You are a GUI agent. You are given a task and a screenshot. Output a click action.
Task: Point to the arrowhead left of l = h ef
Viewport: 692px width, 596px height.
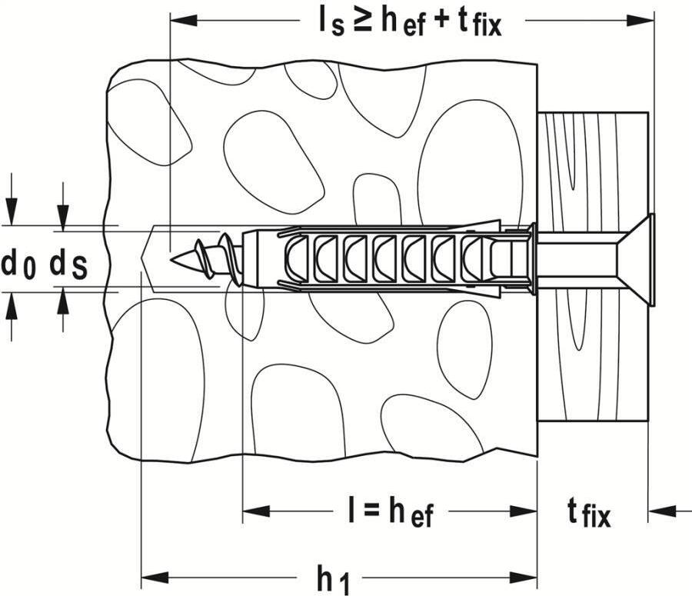coord(255,511)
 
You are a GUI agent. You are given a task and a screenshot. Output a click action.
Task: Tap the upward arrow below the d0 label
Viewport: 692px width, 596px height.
coord(11,307)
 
